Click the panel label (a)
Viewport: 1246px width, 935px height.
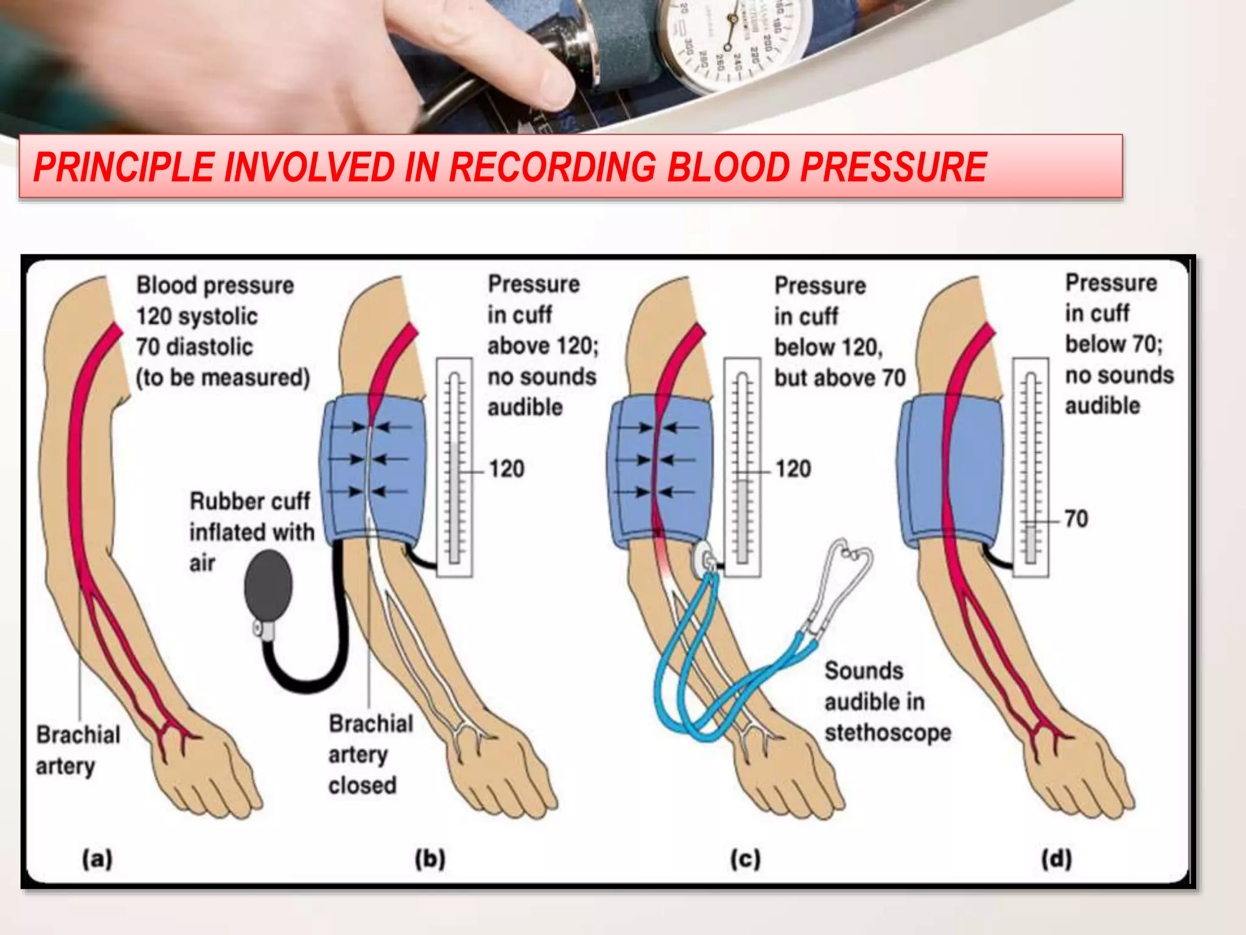97,859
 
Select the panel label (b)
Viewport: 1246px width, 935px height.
430,859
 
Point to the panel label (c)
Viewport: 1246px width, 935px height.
745,859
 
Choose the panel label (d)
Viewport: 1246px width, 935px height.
1056,859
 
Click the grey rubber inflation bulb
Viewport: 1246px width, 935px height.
268,586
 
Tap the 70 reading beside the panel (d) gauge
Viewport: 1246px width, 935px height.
1076,519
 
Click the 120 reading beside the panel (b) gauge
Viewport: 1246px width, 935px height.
506,469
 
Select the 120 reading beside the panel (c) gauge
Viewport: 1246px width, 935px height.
793,469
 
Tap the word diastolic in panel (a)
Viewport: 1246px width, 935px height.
209,347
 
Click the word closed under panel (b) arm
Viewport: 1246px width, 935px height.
363,785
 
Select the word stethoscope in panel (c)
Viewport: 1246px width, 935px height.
888,733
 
